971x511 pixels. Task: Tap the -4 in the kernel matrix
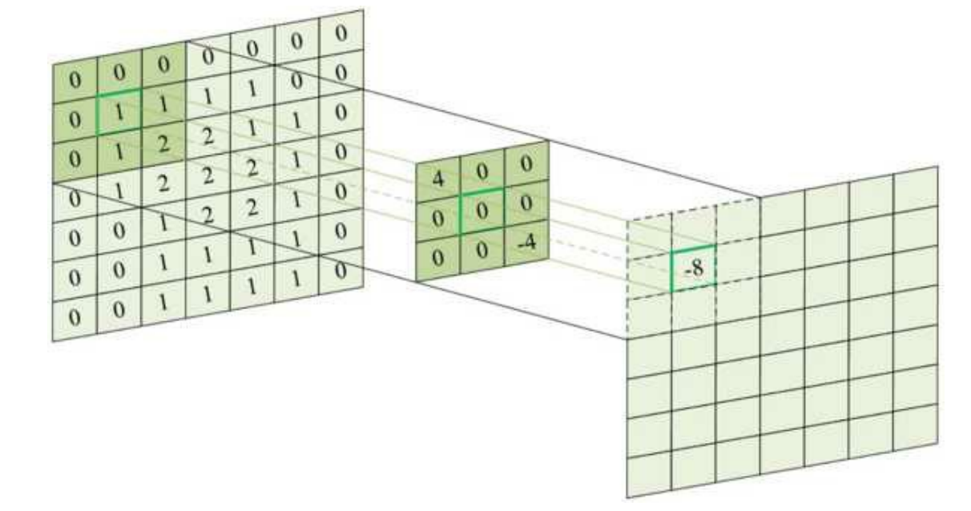pyautogui.click(x=526, y=241)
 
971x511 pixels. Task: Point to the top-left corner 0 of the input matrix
pyautogui.click(x=75, y=78)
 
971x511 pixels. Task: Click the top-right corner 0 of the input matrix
pyautogui.click(x=342, y=33)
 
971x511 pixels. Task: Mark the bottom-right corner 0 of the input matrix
pyautogui.click(x=342, y=272)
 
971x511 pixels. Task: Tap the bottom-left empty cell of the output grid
pyautogui.click(x=647, y=476)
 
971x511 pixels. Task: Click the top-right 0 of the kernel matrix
pyautogui.click(x=526, y=162)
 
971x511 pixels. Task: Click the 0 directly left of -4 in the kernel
pyautogui.click(x=481, y=249)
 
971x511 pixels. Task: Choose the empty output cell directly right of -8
pyautogui.click(x=737, y=264)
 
